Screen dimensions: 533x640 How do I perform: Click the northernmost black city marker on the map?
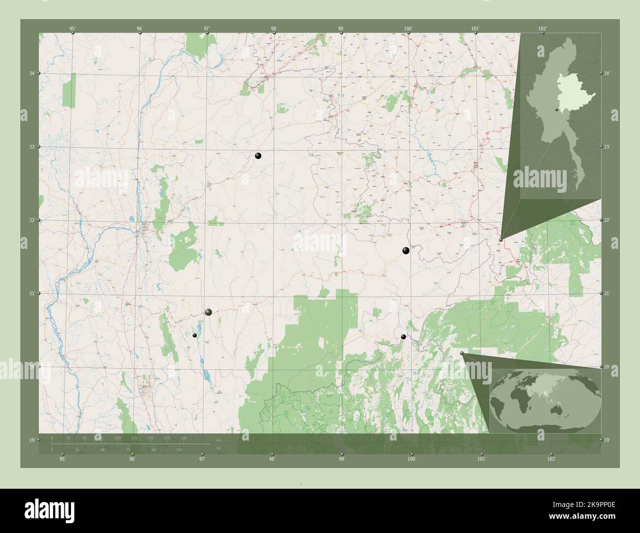click(x=258, y=156)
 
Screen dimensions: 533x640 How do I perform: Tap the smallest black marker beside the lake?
click(x=195, y=335)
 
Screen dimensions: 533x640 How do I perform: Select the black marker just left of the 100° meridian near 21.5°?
click(x=406, y=251)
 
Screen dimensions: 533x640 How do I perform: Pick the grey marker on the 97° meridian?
click(x=208, y=312)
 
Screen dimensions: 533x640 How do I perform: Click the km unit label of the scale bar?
click(x=219, y=440)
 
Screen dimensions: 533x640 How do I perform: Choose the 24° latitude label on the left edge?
click(x=32, y=73)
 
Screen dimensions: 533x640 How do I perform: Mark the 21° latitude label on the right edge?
click(x=607, y=294)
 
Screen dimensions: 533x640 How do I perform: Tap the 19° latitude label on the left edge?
click(x=32, y=440)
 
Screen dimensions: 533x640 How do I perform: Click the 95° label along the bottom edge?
click(x=62, y=459)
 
